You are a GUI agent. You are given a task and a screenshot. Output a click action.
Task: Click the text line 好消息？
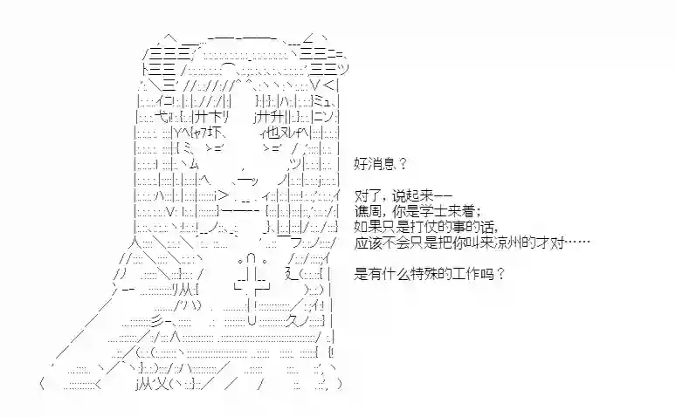pyautogui.click(x=380, y=164)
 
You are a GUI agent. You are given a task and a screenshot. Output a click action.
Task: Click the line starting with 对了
pyautogui.click(x=404, y=196)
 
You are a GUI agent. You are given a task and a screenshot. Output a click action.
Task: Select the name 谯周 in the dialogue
pyautogui.click(x=367, y=211)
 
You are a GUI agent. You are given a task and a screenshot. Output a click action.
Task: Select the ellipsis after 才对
pyautogui.click(x=577, y=243)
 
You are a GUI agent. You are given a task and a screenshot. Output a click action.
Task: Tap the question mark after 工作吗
pyautogui.click(x=500, y=274)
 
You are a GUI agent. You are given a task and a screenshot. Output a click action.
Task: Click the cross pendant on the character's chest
pyautogui.click(x=252, y=290)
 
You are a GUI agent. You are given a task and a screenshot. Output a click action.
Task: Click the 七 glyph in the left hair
pyautogui.click(x=161, y=117)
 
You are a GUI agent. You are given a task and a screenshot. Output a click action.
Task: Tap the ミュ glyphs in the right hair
pyautogui.click(x=322, y=102)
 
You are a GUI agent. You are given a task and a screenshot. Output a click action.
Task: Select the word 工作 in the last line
pyautogui.click(x=467, y=274)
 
